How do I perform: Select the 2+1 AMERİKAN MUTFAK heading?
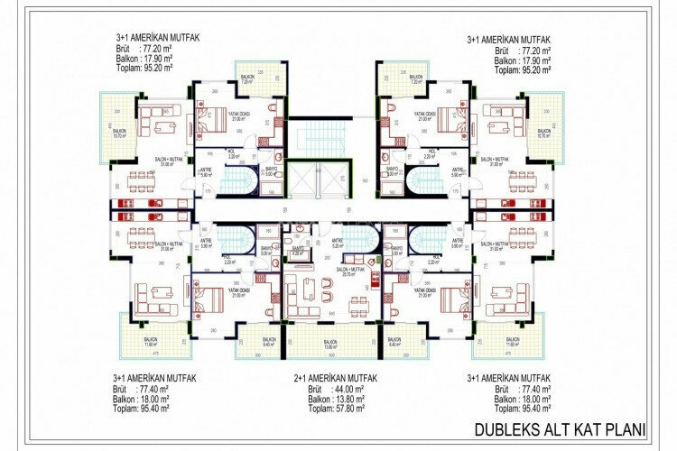point(335,378)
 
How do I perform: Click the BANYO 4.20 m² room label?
point(299,253)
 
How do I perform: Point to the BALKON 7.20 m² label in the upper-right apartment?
point(416,79)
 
